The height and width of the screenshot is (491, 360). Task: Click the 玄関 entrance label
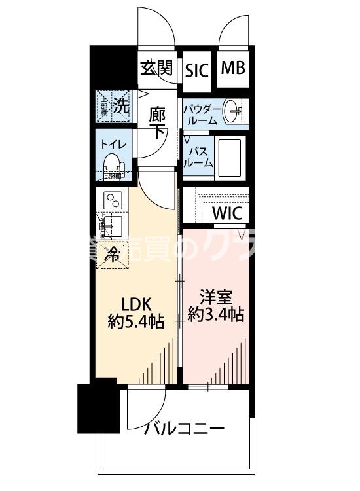click(x=156, y=68)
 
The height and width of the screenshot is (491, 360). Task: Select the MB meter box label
click(x=232, y=68)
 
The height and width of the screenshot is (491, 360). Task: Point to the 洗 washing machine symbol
click(x=114, y=105)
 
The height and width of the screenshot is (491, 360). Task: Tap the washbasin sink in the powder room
click(x=232, y=112)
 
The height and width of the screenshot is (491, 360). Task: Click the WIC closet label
click(x=227, y=213)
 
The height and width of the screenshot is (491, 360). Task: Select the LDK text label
click(x=135, y=304)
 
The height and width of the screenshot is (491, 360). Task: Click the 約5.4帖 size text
click(x=135, y=321)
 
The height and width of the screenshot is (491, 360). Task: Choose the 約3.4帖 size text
click(x=216, y=315)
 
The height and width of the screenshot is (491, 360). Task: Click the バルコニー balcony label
click(x=184, y=429)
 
